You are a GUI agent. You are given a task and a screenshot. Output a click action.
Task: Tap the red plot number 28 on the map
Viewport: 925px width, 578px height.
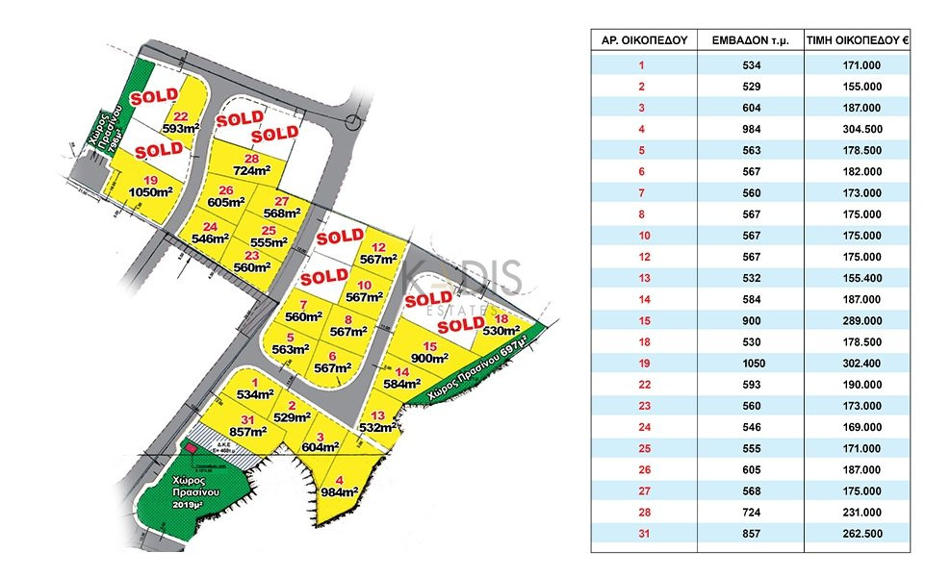click(252, 159)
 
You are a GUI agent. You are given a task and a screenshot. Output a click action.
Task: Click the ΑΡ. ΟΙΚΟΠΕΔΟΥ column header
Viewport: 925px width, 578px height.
click(640, 41)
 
